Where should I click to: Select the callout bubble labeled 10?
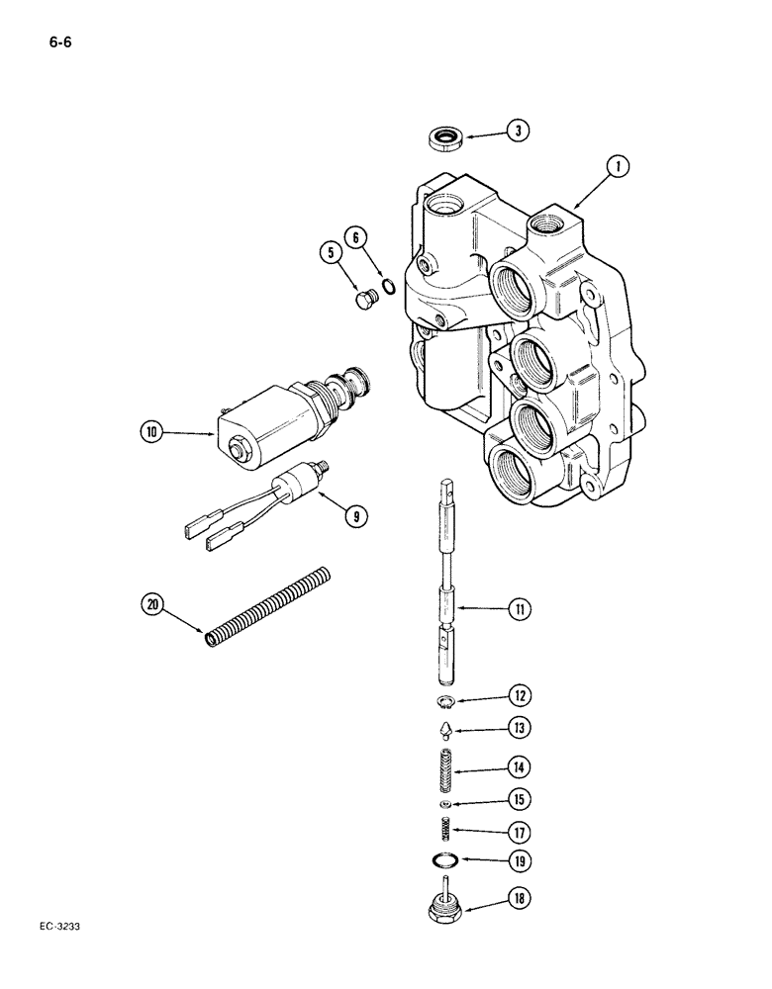151,430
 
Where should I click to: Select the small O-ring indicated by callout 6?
391,287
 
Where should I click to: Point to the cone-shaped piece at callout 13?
447,730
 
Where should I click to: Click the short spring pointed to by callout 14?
446,764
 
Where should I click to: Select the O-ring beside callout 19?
447,859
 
